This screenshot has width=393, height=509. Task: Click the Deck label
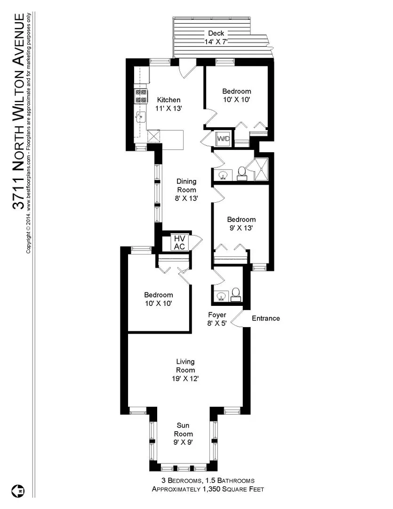tap(216, 33)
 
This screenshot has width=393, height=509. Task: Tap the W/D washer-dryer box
tap(223, 139)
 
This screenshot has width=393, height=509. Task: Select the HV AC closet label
tap(179, 243)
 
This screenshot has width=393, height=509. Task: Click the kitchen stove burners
tap(141, 96)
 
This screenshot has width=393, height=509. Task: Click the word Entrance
tap(266, 318)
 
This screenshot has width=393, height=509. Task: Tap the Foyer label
tap(217, 315)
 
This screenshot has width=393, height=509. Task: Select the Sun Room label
tap(183, 429)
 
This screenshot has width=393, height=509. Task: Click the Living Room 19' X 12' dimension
tap(185, 378)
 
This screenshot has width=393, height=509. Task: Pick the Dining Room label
tap(186, 185)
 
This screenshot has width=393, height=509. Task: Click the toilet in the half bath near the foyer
tap(236, 294)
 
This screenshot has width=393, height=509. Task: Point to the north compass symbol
tap(19, 491)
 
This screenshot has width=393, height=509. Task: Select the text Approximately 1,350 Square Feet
tap(208, 489)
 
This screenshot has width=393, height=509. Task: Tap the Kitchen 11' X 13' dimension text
tap(168, 108)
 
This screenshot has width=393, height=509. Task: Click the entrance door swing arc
tap(237, 319)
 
